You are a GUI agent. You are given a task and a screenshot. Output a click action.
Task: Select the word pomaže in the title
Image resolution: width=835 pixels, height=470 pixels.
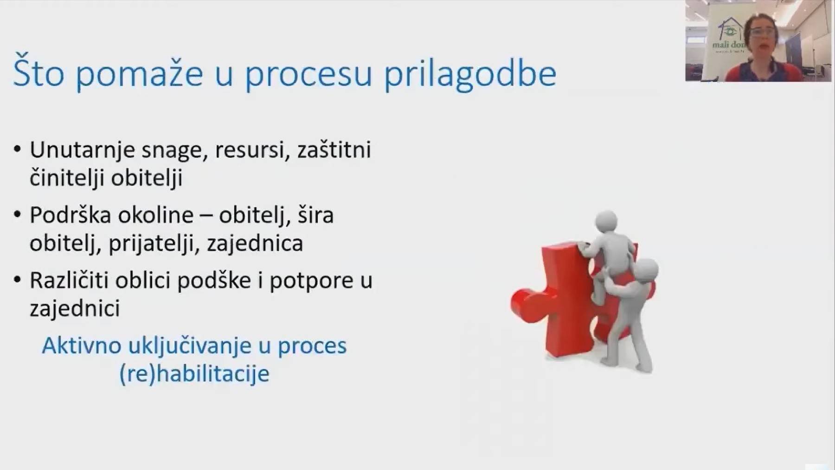tap(139, 74)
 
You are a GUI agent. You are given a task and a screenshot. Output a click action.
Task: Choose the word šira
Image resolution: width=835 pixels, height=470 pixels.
tap(315, 215)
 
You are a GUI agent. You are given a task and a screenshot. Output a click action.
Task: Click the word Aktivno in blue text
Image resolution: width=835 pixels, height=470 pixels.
tap(82, 346)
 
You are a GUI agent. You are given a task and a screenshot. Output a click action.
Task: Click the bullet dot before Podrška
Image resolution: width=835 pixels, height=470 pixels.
tap(18, 215)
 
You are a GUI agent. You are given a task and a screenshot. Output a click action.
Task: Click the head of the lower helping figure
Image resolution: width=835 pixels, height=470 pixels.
tap(645, 270)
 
